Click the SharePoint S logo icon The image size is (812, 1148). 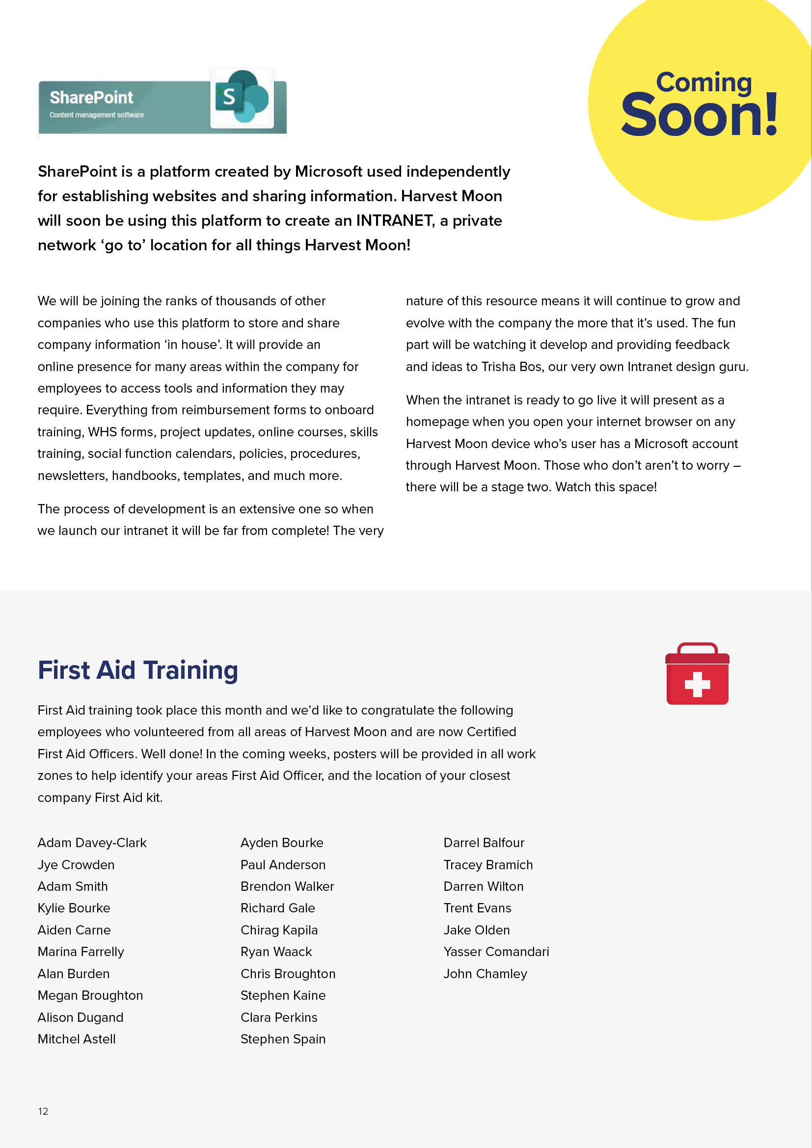[x=242, y=97]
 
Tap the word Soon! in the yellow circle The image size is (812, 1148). [x=700, y=115]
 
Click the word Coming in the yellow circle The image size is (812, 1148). [x=704, y=82]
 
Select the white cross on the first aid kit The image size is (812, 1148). [x=697, y=684]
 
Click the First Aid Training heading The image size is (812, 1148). [x=137, y=670]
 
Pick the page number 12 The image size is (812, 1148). [x=43, y=1111]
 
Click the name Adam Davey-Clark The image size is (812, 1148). [x=92, y=843]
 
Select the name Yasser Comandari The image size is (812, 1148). [x=496, y=952]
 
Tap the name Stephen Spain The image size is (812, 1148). [x=283, y=1039]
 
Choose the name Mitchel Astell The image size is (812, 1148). [x=77, y=1039]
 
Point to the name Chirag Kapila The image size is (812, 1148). [x=279, y=930]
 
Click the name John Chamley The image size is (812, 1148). [x=485, y=973]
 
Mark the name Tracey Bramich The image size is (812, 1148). [x=488, y=864]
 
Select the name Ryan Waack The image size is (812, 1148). [x=276, y=952]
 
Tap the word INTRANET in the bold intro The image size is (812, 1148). [x=395, y=220]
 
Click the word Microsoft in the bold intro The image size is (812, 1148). [x=328, y=171]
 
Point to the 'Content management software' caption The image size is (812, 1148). [x=97, y=115]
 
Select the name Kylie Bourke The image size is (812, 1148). [x=74, y=908]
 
